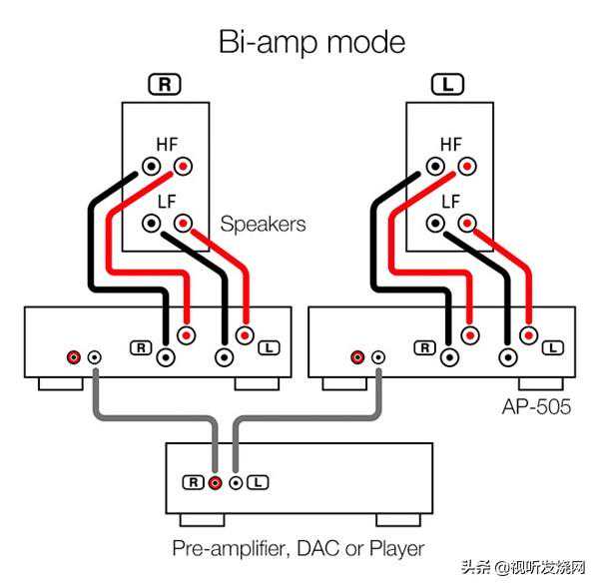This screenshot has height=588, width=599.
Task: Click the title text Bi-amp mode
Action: pos(299,42)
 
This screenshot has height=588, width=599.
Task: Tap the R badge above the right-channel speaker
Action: pos(166,85)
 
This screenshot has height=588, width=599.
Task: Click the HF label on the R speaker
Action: pos(167,144)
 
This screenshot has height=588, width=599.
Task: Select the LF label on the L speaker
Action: pos(450,201)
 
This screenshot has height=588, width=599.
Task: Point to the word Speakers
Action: pos(263,224)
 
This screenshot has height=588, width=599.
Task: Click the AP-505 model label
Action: pos(536,407)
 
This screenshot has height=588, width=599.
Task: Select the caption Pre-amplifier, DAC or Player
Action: pos(299,548)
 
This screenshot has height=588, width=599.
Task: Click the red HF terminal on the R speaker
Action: pos(183,166)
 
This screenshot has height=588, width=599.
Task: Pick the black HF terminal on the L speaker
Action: pos(436,166)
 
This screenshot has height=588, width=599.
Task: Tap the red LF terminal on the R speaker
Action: pos(183,223)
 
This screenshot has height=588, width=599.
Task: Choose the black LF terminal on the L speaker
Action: pos(436,223)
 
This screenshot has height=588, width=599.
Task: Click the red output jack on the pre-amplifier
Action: pos(216,482)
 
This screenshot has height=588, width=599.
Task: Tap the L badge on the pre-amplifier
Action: pos(258,482)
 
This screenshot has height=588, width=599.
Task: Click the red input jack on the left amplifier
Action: pos(73,356)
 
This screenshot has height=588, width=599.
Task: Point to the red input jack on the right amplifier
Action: pos(357,356)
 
